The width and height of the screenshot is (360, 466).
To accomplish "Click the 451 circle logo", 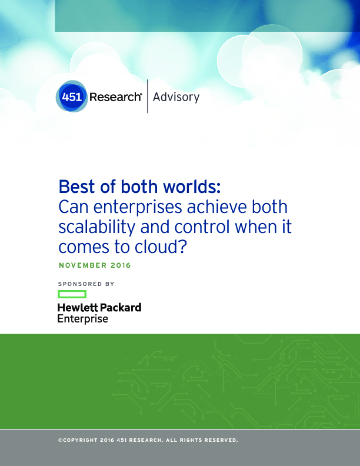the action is click(x=72, y=96).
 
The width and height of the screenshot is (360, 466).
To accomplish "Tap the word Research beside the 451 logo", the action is click(x=115, y=97).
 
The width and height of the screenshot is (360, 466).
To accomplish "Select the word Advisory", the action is click(x=176, y=98).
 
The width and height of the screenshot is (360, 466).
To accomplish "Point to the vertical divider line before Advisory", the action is click(x=147, y=96).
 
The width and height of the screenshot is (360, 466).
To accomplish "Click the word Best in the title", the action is click(x=76, y=187).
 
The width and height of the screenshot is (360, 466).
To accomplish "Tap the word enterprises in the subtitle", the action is click(x=138, y=208).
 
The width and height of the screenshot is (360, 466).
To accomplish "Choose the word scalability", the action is click(x=97, y=228).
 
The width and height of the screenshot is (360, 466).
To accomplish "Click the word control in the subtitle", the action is click(x=202, y=227).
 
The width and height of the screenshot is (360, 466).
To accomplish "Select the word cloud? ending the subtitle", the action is click(x=161, y=247).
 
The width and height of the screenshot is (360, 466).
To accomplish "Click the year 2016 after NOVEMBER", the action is click(x=121, y=265).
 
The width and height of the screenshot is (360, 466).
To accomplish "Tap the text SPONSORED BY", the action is click(x=86, y=284).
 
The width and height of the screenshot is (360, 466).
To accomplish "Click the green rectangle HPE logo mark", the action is click(x=72, y=294).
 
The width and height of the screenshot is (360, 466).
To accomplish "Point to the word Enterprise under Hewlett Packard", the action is click(x=82, y=319).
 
